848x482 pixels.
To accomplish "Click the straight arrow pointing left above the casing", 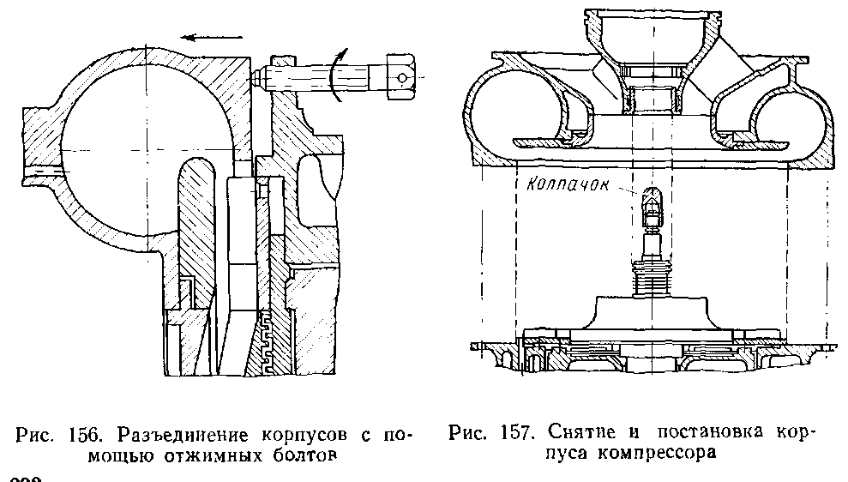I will click(x=211, y=39).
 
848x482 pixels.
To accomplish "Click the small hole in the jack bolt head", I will click(x=403, y=77).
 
